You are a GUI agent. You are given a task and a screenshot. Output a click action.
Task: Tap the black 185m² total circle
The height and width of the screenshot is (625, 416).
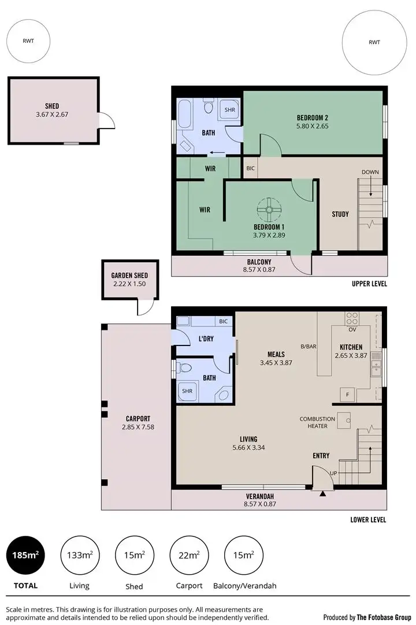click(x=24, y=556)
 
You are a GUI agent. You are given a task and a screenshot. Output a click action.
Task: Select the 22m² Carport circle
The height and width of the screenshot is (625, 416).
click(x=189, y=556)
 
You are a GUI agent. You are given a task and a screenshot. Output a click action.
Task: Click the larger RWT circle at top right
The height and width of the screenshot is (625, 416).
click(x=374, y=42)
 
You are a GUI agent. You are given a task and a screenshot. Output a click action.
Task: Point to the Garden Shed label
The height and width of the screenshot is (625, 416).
click(x=129, y=275)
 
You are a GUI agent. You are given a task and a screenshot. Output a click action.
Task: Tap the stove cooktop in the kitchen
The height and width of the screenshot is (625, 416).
click(x=351, y=318)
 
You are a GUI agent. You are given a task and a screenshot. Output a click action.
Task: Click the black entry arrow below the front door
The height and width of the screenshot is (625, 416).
click(x=322, y=492)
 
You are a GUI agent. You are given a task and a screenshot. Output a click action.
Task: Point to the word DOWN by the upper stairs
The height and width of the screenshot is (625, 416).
click(x=370, y=172)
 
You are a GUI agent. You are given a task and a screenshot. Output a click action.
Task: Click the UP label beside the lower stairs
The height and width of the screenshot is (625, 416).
click(x=333, y=473)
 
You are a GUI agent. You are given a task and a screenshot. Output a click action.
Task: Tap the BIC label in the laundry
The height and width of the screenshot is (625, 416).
click(x=223, y=321)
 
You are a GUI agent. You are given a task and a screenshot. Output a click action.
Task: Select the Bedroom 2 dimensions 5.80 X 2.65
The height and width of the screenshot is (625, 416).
click(x=312, y=126)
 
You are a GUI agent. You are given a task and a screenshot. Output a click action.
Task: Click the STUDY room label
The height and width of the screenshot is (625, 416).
click(x=340, y=214)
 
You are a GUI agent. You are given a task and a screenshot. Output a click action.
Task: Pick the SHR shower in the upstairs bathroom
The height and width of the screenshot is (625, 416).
click(x=229, y=109)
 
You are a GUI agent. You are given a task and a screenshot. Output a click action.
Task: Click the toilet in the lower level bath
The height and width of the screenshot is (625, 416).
click(x=183, y=367)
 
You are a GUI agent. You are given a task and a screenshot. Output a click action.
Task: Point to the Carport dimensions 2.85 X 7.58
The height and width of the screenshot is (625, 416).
click(x=138, y=427)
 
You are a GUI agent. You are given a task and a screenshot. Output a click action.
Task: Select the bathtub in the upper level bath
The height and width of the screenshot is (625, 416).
click(x=185, y=116)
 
